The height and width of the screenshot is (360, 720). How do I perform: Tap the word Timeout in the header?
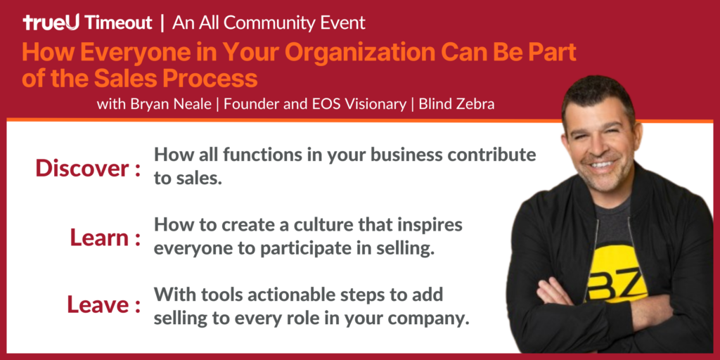pos(119,22)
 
